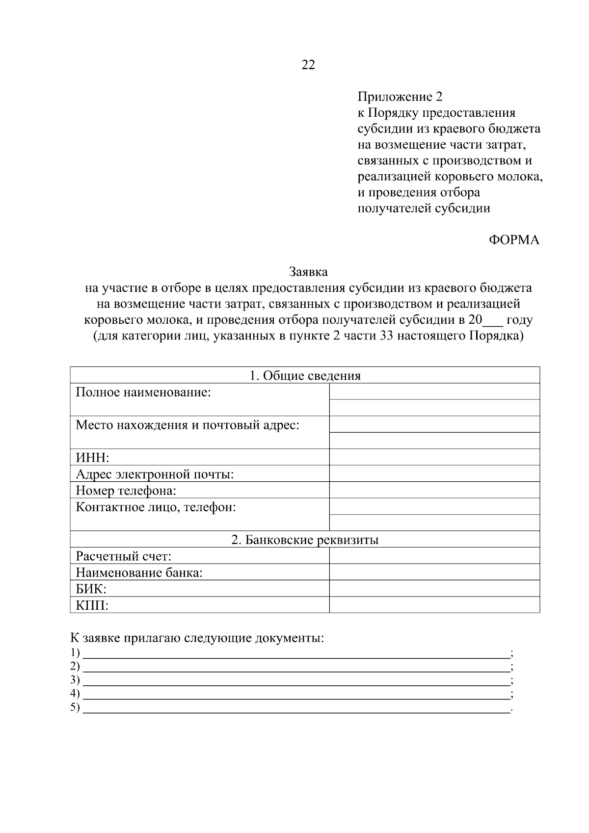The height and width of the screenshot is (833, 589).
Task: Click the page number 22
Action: tap(308, 65)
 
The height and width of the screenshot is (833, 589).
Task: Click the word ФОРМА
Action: tap(514, 240)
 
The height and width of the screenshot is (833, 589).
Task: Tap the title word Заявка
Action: tap(308, 271)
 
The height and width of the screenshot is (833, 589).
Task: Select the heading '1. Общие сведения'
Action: tap(305, 376)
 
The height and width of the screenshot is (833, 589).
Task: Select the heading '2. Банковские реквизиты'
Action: tap(305, 540)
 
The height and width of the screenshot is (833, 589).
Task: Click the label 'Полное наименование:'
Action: tap(143, 392)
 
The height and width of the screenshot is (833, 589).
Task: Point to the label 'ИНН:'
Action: tap(92, 458)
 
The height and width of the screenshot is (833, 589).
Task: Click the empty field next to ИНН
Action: tap(434, 457)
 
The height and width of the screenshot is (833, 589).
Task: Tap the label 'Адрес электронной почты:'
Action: tap(155, 474)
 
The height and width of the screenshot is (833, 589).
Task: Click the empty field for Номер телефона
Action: tap(434, 490)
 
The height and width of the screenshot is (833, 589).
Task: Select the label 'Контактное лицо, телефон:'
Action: tap(156, 507)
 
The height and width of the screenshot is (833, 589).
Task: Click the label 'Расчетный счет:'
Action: tap(123, 556)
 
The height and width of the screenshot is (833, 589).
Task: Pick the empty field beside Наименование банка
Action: tap(434, 572)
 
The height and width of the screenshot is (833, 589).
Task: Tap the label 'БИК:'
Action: tap(91, 589)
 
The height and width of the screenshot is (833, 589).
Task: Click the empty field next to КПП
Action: tap(434, 604)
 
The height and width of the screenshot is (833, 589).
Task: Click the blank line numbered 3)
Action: tap(296, 681)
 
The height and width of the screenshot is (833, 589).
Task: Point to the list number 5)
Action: tap(75, 707)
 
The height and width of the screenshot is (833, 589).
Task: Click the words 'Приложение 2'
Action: tap(400, 97)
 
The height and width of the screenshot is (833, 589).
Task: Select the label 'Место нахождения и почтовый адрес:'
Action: tap(187, 425)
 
